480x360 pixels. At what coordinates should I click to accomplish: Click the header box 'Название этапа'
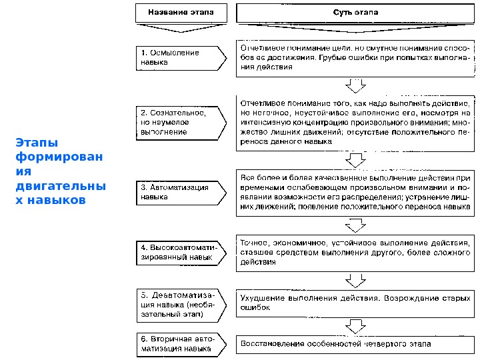(x=177, y=13)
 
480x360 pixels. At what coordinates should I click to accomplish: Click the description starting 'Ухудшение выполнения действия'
(x=355, y=303)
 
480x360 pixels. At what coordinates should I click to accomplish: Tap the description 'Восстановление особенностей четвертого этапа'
(x=355, y=344)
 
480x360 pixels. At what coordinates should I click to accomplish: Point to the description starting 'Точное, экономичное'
(x=355, y=252)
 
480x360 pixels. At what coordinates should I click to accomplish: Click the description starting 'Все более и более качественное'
(x=355, y=193)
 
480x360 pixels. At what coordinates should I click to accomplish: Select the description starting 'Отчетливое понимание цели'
(x=355, y=58)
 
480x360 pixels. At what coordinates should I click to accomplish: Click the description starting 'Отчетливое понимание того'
(x=355, y=123)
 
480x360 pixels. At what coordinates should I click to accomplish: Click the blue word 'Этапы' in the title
(x=37, y=143)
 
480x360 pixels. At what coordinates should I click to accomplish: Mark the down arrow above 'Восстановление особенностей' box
(x=356, y=326)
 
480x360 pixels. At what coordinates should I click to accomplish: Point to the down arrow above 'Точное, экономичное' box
(x=356, y=227)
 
